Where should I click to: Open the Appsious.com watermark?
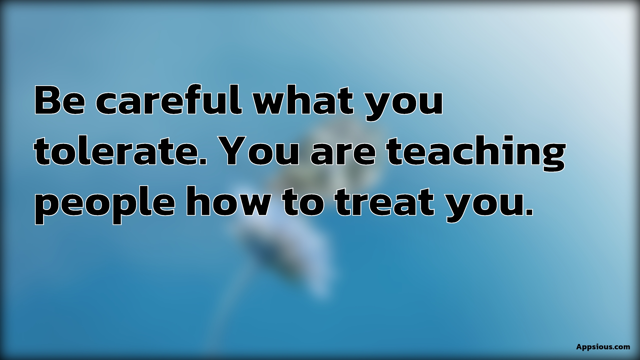tap(603, 347)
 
